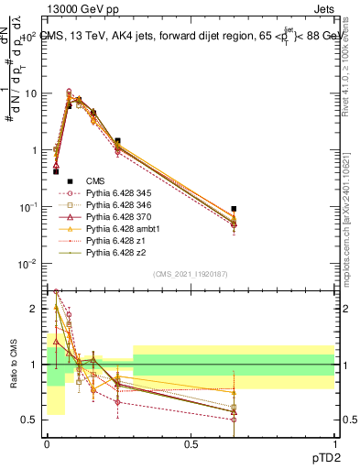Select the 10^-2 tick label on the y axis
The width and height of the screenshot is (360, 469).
[28, 264]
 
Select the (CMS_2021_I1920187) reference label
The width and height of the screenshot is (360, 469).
[190, 274]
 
